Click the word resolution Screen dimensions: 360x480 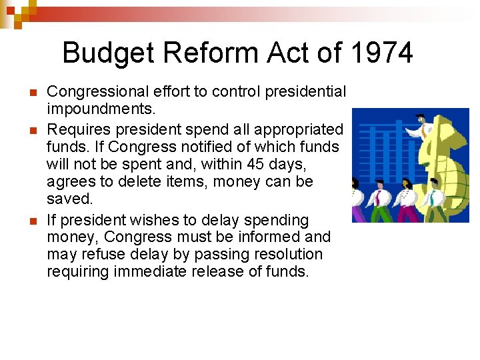286,255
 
